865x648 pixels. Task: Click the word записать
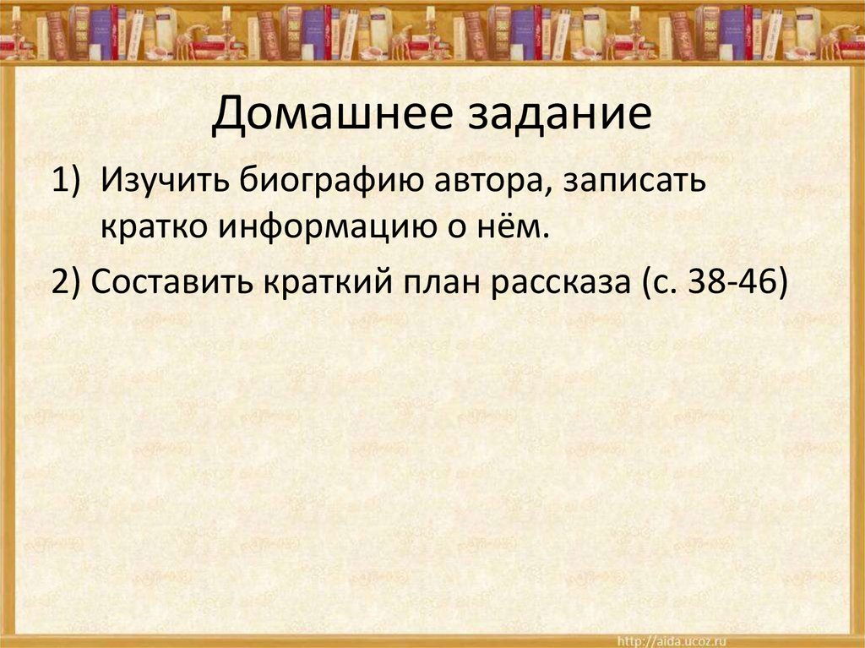[x=631, y=181]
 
